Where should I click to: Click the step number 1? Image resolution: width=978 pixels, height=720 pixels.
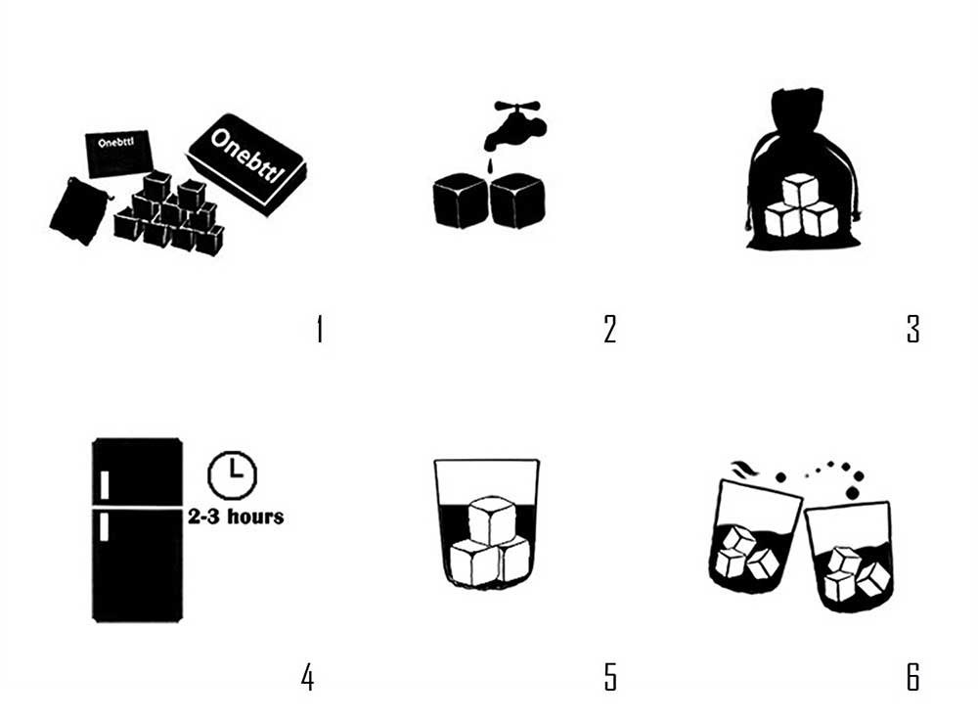320,330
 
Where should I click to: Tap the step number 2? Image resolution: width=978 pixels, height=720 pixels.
610,330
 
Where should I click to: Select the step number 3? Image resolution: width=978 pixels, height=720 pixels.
913,330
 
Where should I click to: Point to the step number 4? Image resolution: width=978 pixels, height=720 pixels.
307,677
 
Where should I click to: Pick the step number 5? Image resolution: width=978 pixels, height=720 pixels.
610,677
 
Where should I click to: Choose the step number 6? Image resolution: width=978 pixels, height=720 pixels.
913,677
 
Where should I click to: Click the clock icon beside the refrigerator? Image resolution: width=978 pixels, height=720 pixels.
232,475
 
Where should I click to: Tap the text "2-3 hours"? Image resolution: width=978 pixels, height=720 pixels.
236,517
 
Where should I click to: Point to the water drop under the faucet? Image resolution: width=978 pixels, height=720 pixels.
490,165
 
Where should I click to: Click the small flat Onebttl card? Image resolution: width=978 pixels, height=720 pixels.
118,155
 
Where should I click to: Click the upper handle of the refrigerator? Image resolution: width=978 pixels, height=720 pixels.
105,485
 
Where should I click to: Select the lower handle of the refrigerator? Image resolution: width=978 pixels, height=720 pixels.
105,526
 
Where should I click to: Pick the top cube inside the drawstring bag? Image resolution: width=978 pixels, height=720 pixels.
800,191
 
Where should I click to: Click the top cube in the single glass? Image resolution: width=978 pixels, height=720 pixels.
492,520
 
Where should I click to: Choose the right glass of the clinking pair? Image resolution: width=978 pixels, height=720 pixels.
850,557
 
